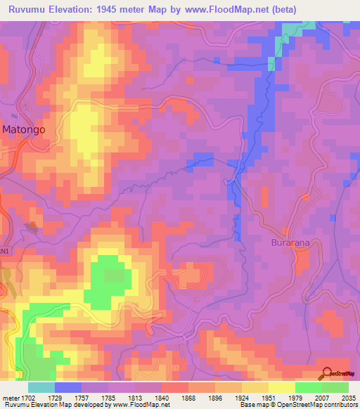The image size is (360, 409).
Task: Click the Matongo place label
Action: click(29, 129)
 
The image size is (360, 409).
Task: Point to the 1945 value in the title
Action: click(112, 9)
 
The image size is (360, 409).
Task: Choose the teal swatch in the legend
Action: click(41, 387)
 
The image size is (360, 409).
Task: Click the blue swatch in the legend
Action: click(68, 387)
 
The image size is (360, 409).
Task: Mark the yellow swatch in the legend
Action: click(282, 387)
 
